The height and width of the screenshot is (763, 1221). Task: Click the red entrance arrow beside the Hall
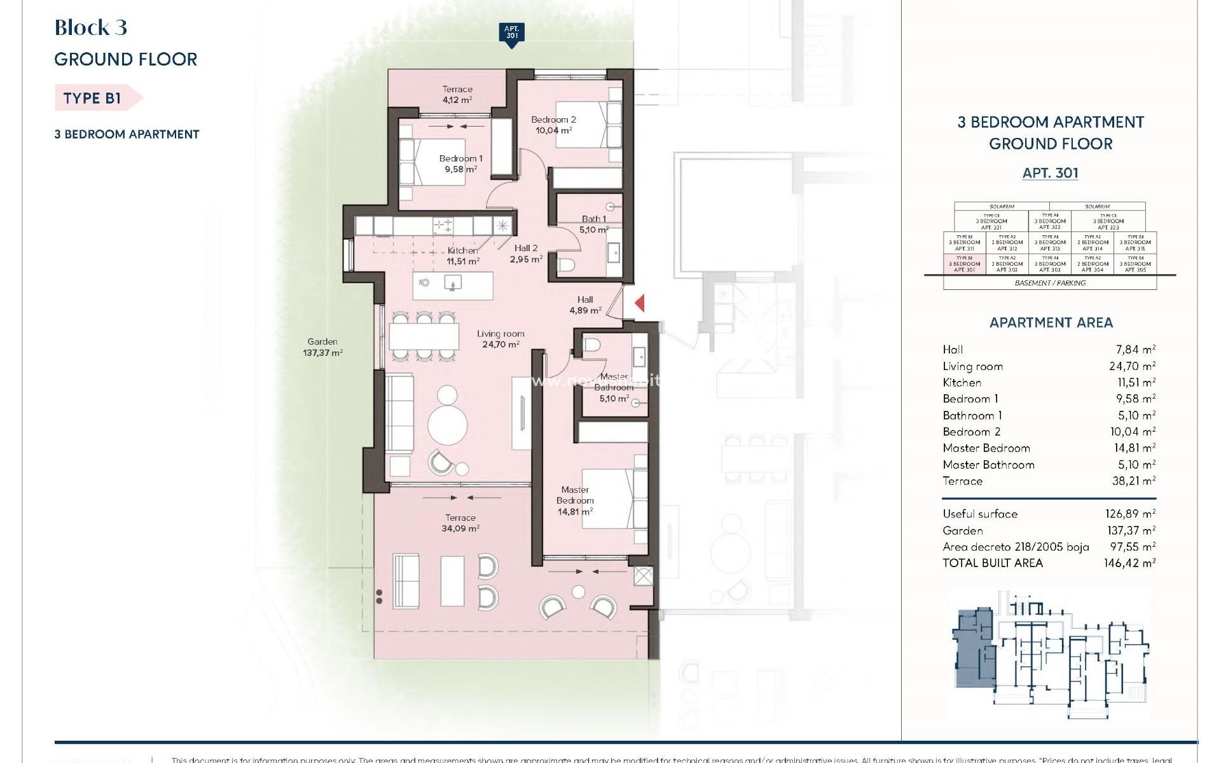click(640, 303)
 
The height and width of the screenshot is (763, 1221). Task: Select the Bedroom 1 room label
click(461, 163)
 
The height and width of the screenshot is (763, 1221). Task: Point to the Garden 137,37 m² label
click(322, 347)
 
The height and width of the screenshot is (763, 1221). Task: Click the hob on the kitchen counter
click(443, 225)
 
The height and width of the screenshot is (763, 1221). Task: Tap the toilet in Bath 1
click(567, 264)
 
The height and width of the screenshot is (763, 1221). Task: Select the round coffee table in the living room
click(448, 425)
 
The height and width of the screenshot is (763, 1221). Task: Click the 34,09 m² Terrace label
click(460, 523)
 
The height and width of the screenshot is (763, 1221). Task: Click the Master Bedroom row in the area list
click(1049, 448)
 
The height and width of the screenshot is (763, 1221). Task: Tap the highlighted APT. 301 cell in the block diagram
click(964, 264)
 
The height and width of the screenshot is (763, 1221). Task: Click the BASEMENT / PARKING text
click(1050, 283)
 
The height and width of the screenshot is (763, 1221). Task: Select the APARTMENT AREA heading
click(1051, 322)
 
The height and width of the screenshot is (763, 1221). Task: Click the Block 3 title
click(91, 27)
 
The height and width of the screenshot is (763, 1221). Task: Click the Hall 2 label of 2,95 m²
click(526, 254)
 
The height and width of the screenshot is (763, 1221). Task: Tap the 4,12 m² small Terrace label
click(457, 94)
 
